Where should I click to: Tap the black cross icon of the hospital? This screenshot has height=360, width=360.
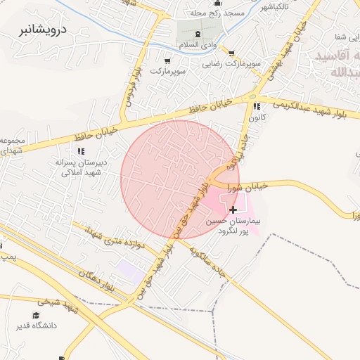233,210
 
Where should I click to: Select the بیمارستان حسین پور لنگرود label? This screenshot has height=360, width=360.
233,226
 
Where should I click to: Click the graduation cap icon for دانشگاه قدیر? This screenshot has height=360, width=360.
37,316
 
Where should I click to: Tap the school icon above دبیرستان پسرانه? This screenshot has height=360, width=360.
82,150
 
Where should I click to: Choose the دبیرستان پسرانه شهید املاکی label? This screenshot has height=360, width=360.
83,167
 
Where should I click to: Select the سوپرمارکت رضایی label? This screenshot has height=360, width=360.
231,63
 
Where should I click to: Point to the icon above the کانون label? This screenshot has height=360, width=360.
256,106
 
